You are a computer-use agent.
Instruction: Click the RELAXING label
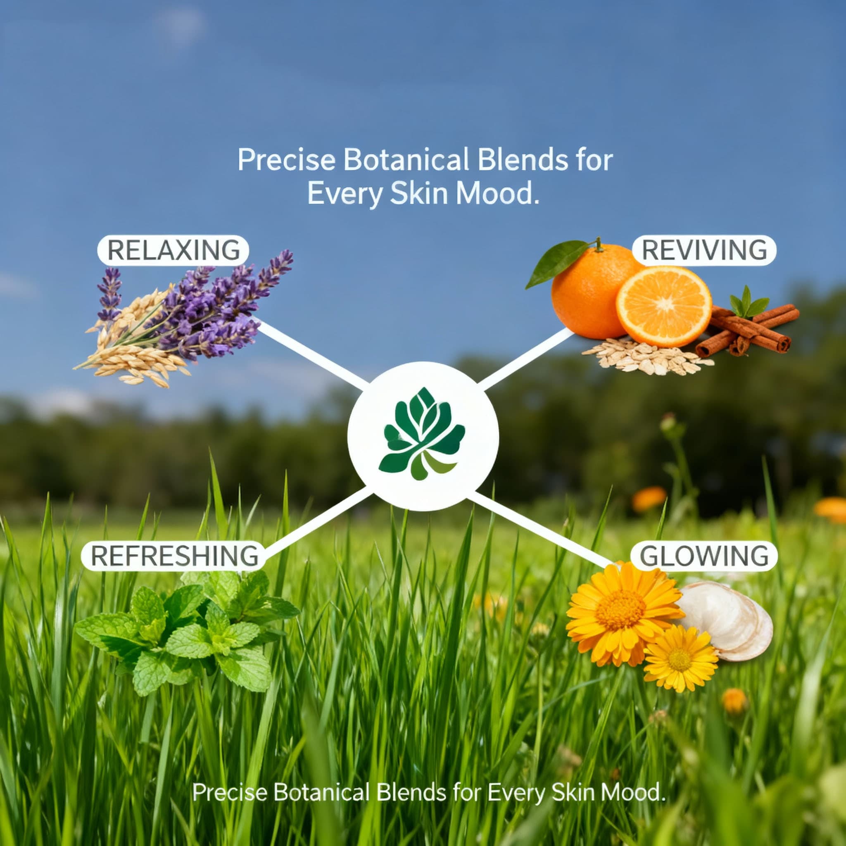173,250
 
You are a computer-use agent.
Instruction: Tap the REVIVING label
704,250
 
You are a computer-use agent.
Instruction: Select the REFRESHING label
174,556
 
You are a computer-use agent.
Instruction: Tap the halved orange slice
664,307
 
